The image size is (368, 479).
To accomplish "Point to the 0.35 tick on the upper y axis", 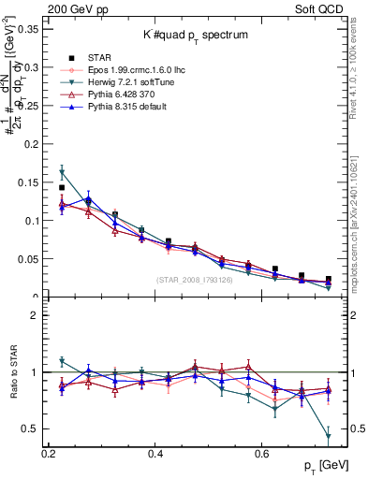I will tap(30, 29).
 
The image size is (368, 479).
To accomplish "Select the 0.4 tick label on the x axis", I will tap(155, 454).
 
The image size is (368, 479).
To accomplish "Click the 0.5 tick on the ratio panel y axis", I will tap(34, 428).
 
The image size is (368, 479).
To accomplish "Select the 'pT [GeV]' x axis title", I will tap(318, 465).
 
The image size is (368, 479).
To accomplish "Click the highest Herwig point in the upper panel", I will tap(62, 173).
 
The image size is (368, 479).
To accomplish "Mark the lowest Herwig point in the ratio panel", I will tap(329, 436).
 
